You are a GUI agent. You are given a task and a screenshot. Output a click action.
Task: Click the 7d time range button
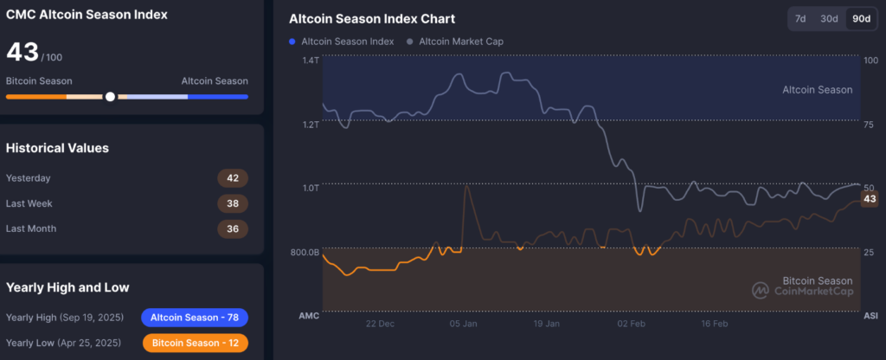[801, 19]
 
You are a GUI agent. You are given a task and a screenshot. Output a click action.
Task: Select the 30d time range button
[830, 19]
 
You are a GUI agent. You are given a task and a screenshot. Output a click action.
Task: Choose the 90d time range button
[861, 19]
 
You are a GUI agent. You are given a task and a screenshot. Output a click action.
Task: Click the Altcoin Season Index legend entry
[342, 41]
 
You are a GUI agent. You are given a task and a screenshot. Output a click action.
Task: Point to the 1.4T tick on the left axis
[311, 60]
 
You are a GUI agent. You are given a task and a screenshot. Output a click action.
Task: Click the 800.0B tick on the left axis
[304, 252]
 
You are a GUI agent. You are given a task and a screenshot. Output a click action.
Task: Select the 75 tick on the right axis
[869, 124]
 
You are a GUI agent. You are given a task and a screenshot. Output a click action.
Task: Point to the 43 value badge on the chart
[870, 199]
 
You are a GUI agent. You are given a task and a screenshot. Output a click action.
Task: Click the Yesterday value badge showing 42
[232, 178]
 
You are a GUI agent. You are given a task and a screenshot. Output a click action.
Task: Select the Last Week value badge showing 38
[232, 203]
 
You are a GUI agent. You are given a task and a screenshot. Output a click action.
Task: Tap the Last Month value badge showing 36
[232, 228]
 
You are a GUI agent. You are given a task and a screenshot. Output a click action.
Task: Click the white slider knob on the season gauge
[110, 96]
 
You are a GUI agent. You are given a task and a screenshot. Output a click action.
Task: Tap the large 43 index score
[22, 52]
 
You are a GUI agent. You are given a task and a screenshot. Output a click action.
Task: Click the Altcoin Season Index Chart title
[371, 19]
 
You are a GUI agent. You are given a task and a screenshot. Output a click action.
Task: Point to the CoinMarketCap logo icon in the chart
[761, 290]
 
